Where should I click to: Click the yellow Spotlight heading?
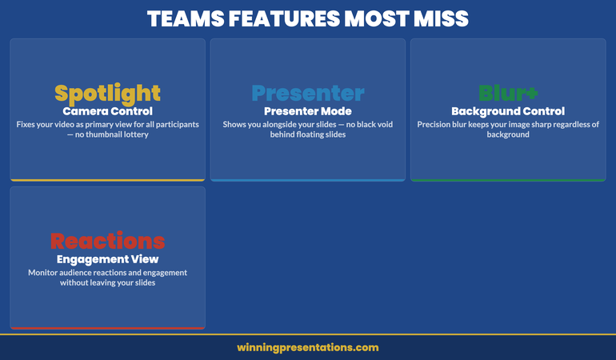point(107,94)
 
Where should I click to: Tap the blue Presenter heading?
point(308,94)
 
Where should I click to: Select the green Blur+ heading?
point(508,94)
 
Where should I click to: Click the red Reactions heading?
point(107,241)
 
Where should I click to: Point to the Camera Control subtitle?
point(107,111)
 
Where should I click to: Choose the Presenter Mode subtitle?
point(308,111)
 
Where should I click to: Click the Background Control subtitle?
point(508,111)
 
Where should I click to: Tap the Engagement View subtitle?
point(107,259)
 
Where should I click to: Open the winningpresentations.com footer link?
point(308,347)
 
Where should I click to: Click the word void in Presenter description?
point(377,125)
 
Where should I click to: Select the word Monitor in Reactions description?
point(46,273)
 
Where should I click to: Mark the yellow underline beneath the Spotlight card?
point(107,180)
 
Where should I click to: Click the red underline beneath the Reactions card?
point(107,327)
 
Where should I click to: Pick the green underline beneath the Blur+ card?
point(508,180)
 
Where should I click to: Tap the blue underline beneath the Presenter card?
point(308,180)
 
